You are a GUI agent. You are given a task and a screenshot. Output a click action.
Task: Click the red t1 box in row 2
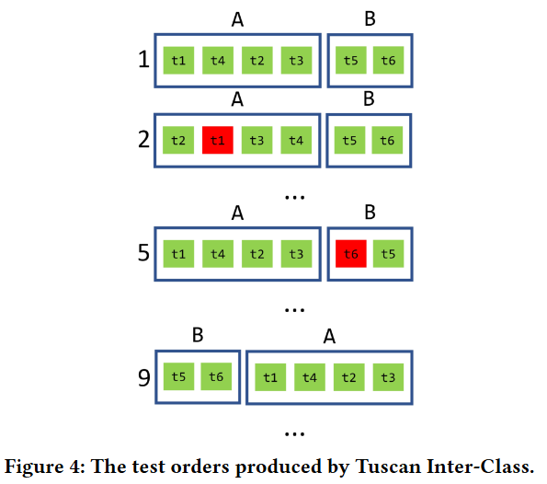point(217,141)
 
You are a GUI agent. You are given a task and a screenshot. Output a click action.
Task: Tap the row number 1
point(142,61)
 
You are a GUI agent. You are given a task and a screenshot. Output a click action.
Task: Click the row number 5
point(142,252)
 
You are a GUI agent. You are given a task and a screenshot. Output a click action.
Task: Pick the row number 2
point(142,141)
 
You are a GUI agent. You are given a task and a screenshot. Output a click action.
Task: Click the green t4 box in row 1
point(217,61)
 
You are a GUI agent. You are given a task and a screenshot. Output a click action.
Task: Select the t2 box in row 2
point(178,141)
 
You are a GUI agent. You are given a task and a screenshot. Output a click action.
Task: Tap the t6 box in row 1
point(388,61)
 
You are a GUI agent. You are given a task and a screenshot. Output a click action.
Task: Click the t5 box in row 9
point(178,376)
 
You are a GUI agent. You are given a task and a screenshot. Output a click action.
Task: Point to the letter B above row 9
point(198,336)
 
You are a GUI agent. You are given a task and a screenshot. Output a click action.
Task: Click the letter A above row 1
point(237,19)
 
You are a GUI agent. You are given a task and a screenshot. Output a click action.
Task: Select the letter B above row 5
point(370,213)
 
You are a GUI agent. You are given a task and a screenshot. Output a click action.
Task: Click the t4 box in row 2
point(296,141)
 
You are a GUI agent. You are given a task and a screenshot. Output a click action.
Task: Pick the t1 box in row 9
point(270,376)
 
